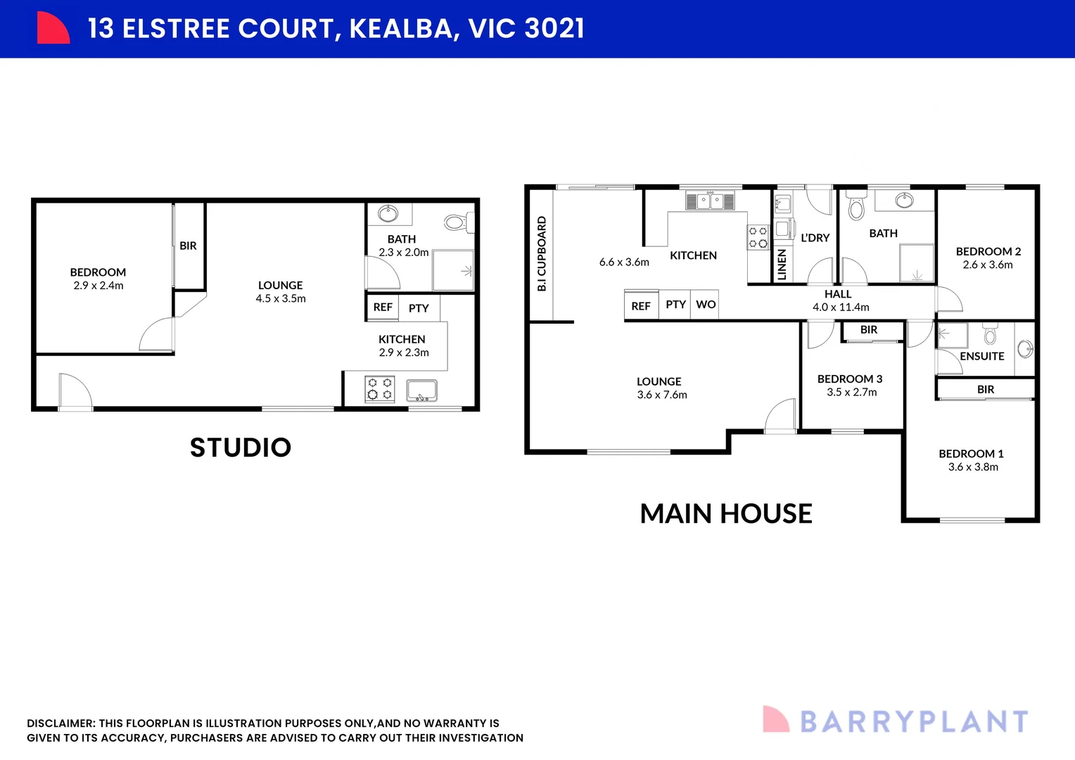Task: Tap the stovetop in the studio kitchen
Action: coord(380,389)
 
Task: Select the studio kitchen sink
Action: coord(422,390)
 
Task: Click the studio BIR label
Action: coord(188,246)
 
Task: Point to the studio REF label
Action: coord(383,308)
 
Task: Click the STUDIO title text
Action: coord(241,448)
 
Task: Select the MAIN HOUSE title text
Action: coord(726,514)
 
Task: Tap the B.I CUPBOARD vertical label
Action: coord(542,254)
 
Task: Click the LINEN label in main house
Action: coord(782,265)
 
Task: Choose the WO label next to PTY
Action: coord(706,305)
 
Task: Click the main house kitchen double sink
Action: coord(710,201)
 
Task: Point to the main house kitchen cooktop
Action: coord(758,237)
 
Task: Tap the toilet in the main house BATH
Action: coord(856,206)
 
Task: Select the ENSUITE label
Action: coord(981,356)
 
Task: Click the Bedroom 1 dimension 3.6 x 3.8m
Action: coord(973,467)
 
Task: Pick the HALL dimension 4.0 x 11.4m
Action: coord(841,308)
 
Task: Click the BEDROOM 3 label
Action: coord(850,379)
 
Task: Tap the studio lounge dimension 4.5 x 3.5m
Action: coord(281,299)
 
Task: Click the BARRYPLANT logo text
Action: coord(914,722)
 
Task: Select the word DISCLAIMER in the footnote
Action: coord(61,723)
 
